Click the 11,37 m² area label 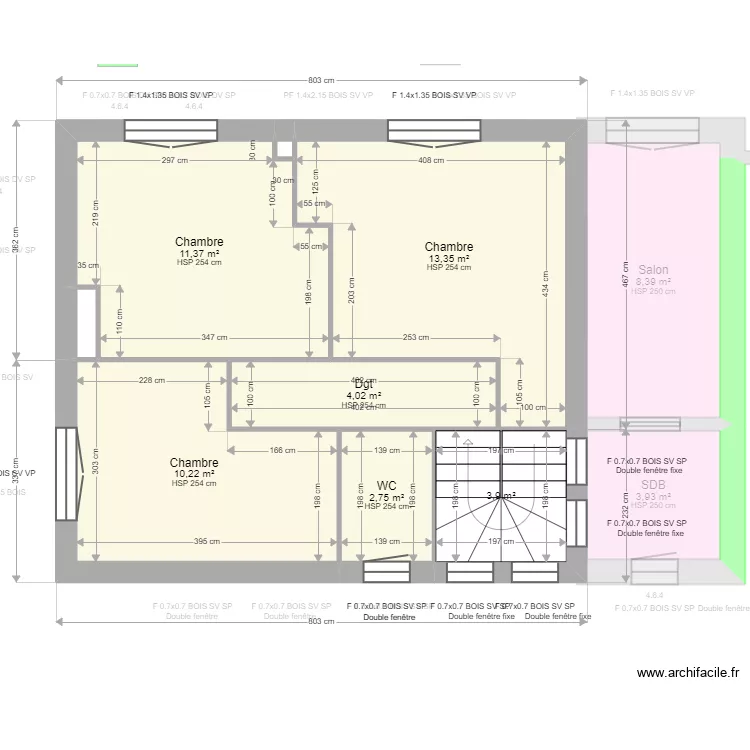[x=199, y=253]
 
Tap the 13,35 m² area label [x=449, y=258]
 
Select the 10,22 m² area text [x=194, y=473]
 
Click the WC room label [x=386, y=486]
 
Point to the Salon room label [x=653, y=270]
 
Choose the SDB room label [x=653, y=485]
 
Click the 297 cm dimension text [x=175, y=161]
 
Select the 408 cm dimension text [x=431, y=161]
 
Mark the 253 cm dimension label [x=416, y=338]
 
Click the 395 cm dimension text [x=207, y=542]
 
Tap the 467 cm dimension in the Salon [x=626, y=283]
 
